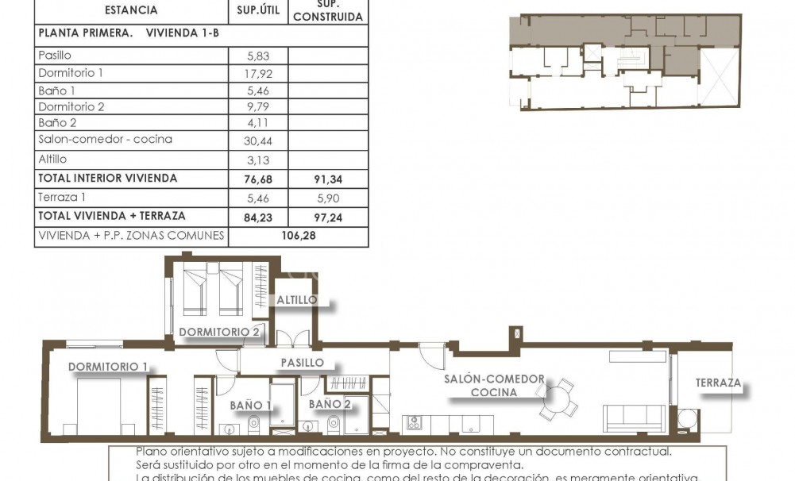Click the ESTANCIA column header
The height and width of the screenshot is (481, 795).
(131, 10)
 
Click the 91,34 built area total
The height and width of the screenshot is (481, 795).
(328, 179)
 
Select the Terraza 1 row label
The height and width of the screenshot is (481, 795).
(61, 197)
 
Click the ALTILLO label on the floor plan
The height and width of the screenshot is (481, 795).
(297, 300)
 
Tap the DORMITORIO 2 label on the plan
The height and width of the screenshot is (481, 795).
(219, 332)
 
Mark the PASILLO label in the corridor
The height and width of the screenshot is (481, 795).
(302, 362)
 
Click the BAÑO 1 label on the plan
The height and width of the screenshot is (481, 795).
(251, 405)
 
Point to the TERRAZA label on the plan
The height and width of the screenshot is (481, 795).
(718, 383)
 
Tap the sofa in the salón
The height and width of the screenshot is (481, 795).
(634, 418)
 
